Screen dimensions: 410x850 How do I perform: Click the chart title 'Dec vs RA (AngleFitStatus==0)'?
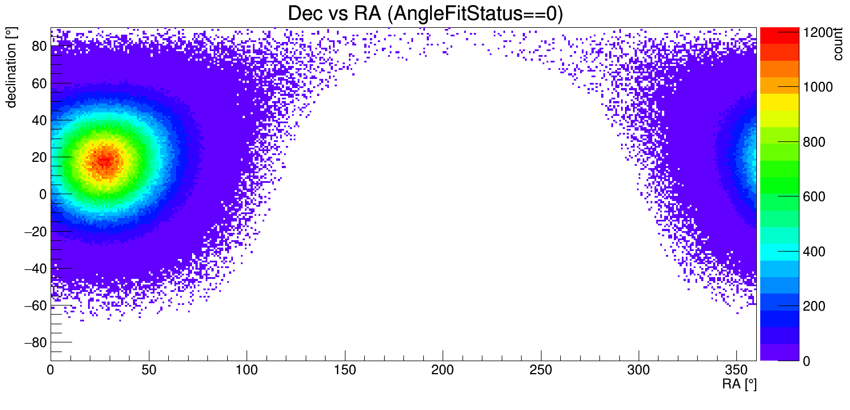pos(425,14)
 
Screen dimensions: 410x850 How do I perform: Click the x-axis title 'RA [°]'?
pos(739,384)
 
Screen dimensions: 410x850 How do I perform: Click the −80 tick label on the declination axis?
pos(34,342)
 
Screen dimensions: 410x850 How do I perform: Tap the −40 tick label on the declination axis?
pos(34,269)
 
